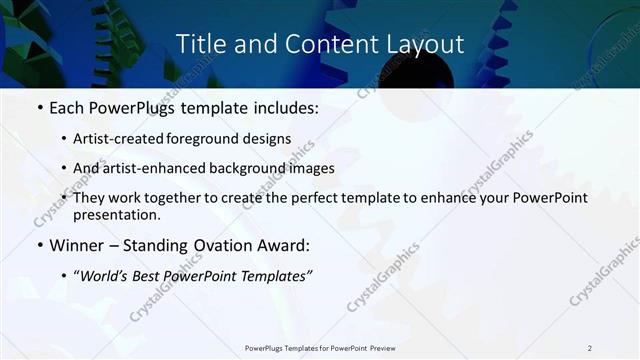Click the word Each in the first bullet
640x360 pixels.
click(x=67, y=105)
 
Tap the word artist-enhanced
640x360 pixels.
click(x=149, y=168)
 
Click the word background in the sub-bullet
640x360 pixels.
click(x=239, y=168)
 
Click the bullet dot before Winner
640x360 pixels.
click(x=39, y=246)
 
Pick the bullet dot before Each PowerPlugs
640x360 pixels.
click(x=39, y=106)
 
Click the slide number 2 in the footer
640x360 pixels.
click(x=590, y=348)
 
